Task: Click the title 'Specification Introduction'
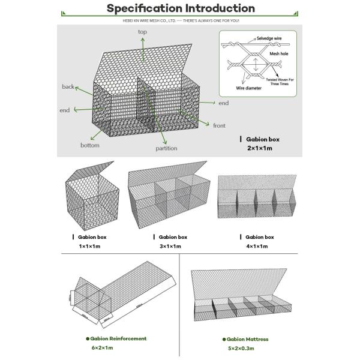pyautogui.click(x=180, y=8)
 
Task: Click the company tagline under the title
pyautogui.click(x=180, y=20)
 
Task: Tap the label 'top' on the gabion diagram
pyautogui.click(x=142, y=32)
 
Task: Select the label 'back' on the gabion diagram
pyautogui.click(x=68, y=87)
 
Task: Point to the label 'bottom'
pyautogui.click(x=90, y=145)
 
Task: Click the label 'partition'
pyautogui.click(x=166, y=148)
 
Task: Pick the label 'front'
pyautogui.click(x=220, y=125)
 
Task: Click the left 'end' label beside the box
pyautogui.click(x=65, y=111)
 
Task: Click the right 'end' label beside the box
pyautogui.click(x=223, y=103)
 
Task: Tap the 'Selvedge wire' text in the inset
pyautogui.click(x=268, y=38)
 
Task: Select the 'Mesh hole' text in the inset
pyautogui.click(x=279, y=53)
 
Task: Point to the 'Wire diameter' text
pyautogui.click(x=248, y=88)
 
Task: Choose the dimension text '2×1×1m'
pyautogui.click(x=259, y=148)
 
